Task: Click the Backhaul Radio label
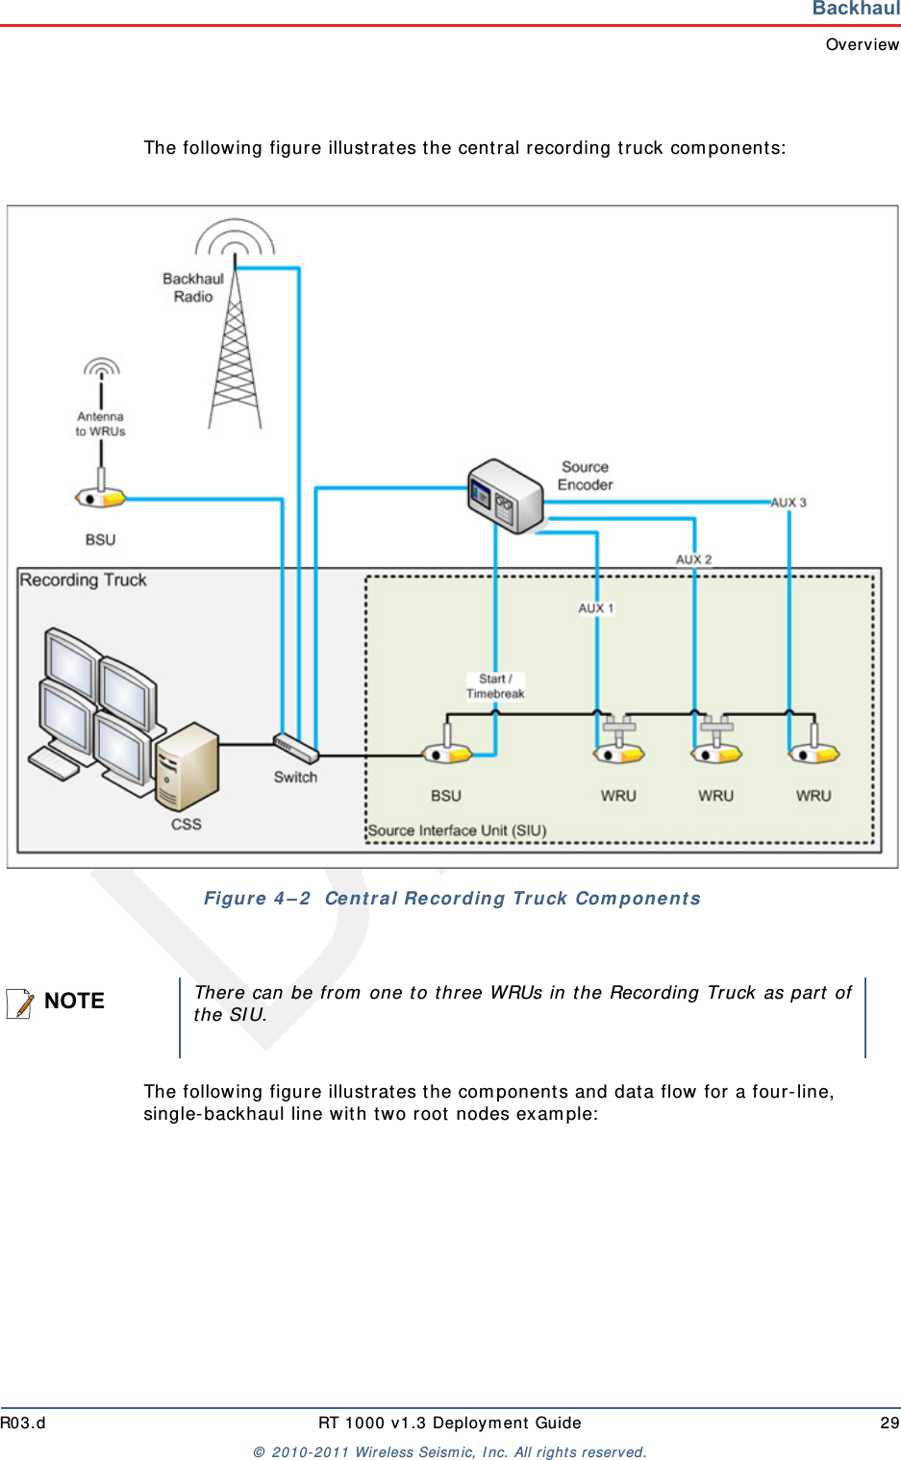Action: [192, 287]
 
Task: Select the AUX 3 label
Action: [788, 503]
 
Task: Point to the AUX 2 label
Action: [693, 559]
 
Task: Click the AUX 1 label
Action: [595, 608]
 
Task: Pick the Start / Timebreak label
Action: [495, 686]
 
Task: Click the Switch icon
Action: [295, 748]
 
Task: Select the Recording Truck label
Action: [84, 581]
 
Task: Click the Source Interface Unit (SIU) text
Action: [457, 830]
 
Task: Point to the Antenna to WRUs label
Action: [100, 424]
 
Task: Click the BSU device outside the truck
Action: [101, 497]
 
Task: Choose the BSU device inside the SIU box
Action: [446, 753]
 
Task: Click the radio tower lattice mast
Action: [235, 356]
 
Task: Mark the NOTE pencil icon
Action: [19, 1002]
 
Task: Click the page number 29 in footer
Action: [889, 1423]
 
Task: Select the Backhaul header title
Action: [856, 9]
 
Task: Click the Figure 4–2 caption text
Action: [452, 899]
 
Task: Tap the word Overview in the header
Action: [863, 44]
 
